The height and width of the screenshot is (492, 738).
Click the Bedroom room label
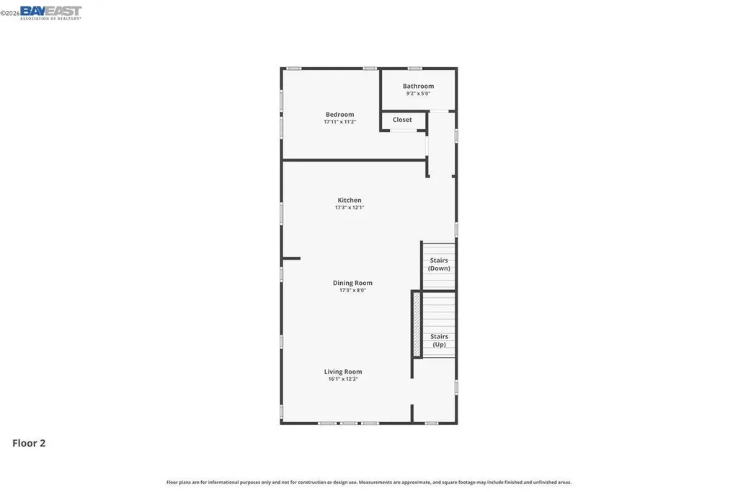tap(339, 115)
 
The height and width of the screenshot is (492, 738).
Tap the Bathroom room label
tap(418, 86)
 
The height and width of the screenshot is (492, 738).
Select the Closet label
tap(402, 120)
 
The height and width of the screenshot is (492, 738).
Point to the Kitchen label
tap(350, 200)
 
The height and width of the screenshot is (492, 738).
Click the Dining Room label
tap(352, 283)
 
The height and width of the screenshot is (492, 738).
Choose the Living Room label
tap(342, 372)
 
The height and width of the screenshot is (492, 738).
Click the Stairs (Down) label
tap(439, 264)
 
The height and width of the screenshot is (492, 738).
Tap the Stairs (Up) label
tap(439, 341)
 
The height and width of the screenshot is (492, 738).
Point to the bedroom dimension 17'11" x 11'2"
tap(339, 123)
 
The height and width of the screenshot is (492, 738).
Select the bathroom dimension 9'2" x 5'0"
tap(418, 94)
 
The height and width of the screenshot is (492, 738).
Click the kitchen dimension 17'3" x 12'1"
tap(350, 208)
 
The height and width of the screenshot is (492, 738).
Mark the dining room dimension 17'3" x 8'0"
tap(352, 291)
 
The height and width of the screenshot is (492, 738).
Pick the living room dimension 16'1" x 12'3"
tap(342, 379)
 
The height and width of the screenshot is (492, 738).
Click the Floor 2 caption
tap(29, 444)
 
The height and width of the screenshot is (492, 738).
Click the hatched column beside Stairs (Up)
tap(416, 324)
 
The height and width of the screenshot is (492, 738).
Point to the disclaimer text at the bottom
tap(369, 482)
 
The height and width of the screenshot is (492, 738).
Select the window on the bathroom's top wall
tap(414, 69)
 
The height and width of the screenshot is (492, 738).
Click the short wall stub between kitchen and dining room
tap(291, 258)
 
